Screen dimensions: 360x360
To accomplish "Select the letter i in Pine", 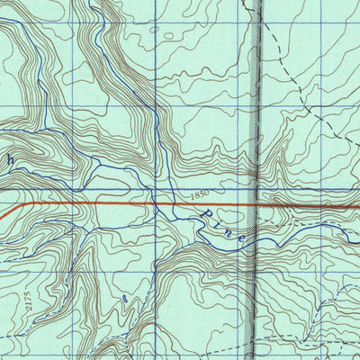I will point(218,223).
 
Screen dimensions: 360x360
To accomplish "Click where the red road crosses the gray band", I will point(256,204).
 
